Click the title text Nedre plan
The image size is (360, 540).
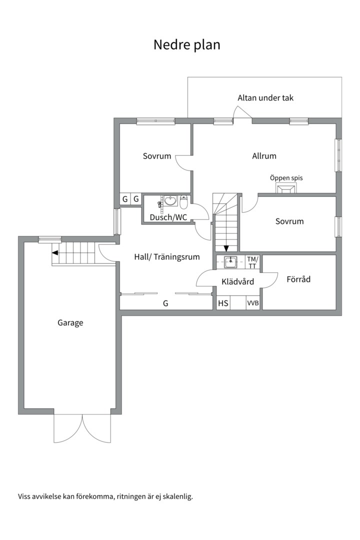point(186,45)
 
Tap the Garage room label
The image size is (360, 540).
point(70,323)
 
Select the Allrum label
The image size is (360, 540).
point(264,156)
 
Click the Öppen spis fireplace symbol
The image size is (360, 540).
point(286,188)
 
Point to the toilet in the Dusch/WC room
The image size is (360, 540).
point(183,202)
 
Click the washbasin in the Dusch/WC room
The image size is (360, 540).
point(170,201)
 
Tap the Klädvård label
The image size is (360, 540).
point(237,281)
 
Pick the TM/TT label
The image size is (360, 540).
point(252,262)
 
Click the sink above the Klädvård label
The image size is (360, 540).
point(230,262)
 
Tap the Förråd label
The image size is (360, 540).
point(298,279)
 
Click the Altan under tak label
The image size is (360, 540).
point(265,98)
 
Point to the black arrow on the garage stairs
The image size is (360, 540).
point(54,253)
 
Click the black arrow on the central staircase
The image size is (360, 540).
point(226,248)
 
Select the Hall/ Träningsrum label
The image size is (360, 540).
point(167,257)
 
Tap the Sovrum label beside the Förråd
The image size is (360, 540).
point(289,221)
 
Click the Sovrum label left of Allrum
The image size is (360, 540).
point(157,156)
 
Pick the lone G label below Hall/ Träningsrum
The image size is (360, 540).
point(165,303)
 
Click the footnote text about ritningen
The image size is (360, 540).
point(105,496)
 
